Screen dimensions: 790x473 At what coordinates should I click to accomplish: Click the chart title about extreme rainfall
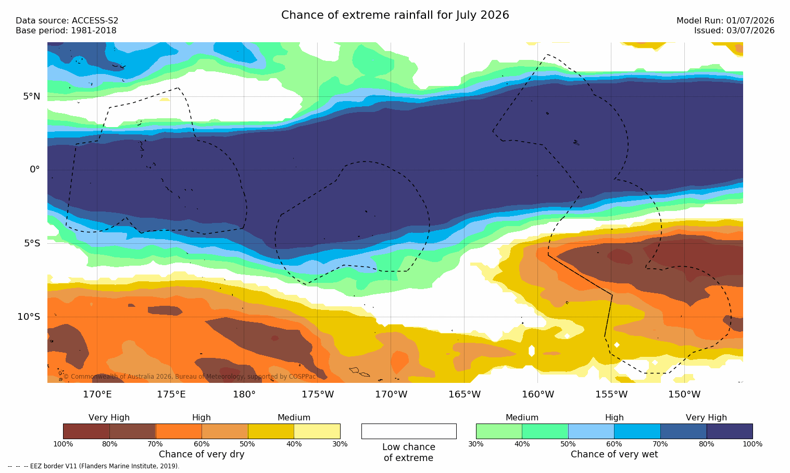[395, 15]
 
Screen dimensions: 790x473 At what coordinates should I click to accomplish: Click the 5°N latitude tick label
[32, 96]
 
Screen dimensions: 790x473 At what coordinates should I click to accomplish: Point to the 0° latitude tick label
[34, 170]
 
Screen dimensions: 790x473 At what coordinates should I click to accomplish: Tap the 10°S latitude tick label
[29, 317]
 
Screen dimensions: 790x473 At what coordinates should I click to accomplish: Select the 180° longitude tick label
[244, 394]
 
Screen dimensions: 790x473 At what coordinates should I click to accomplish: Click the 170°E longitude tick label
[97, 394]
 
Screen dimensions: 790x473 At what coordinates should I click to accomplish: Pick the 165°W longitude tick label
[465, 394]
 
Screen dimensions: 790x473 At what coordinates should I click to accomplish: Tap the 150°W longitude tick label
[685, 394]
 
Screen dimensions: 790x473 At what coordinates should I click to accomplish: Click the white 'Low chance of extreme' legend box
[409, 431]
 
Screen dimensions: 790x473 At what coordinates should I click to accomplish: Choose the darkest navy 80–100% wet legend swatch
[730, 431]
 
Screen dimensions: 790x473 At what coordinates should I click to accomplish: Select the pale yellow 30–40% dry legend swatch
[317, 431]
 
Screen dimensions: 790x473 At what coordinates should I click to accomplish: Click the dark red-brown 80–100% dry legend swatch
[86, 431]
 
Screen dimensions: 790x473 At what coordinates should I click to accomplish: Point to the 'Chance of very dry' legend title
[202, 454]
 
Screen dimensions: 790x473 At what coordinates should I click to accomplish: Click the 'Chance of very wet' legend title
[614, 454]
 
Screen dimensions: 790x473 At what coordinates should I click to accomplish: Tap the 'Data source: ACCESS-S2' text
[67, 21]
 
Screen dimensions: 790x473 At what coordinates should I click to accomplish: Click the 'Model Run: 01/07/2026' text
[725, 21]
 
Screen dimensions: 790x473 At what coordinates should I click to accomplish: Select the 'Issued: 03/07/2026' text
[734, 31]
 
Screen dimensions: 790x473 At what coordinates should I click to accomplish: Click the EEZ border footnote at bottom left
[93, 466]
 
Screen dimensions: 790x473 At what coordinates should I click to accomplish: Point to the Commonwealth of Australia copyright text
[190, 377]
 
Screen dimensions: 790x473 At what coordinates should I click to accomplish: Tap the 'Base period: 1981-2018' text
[66, 31]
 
